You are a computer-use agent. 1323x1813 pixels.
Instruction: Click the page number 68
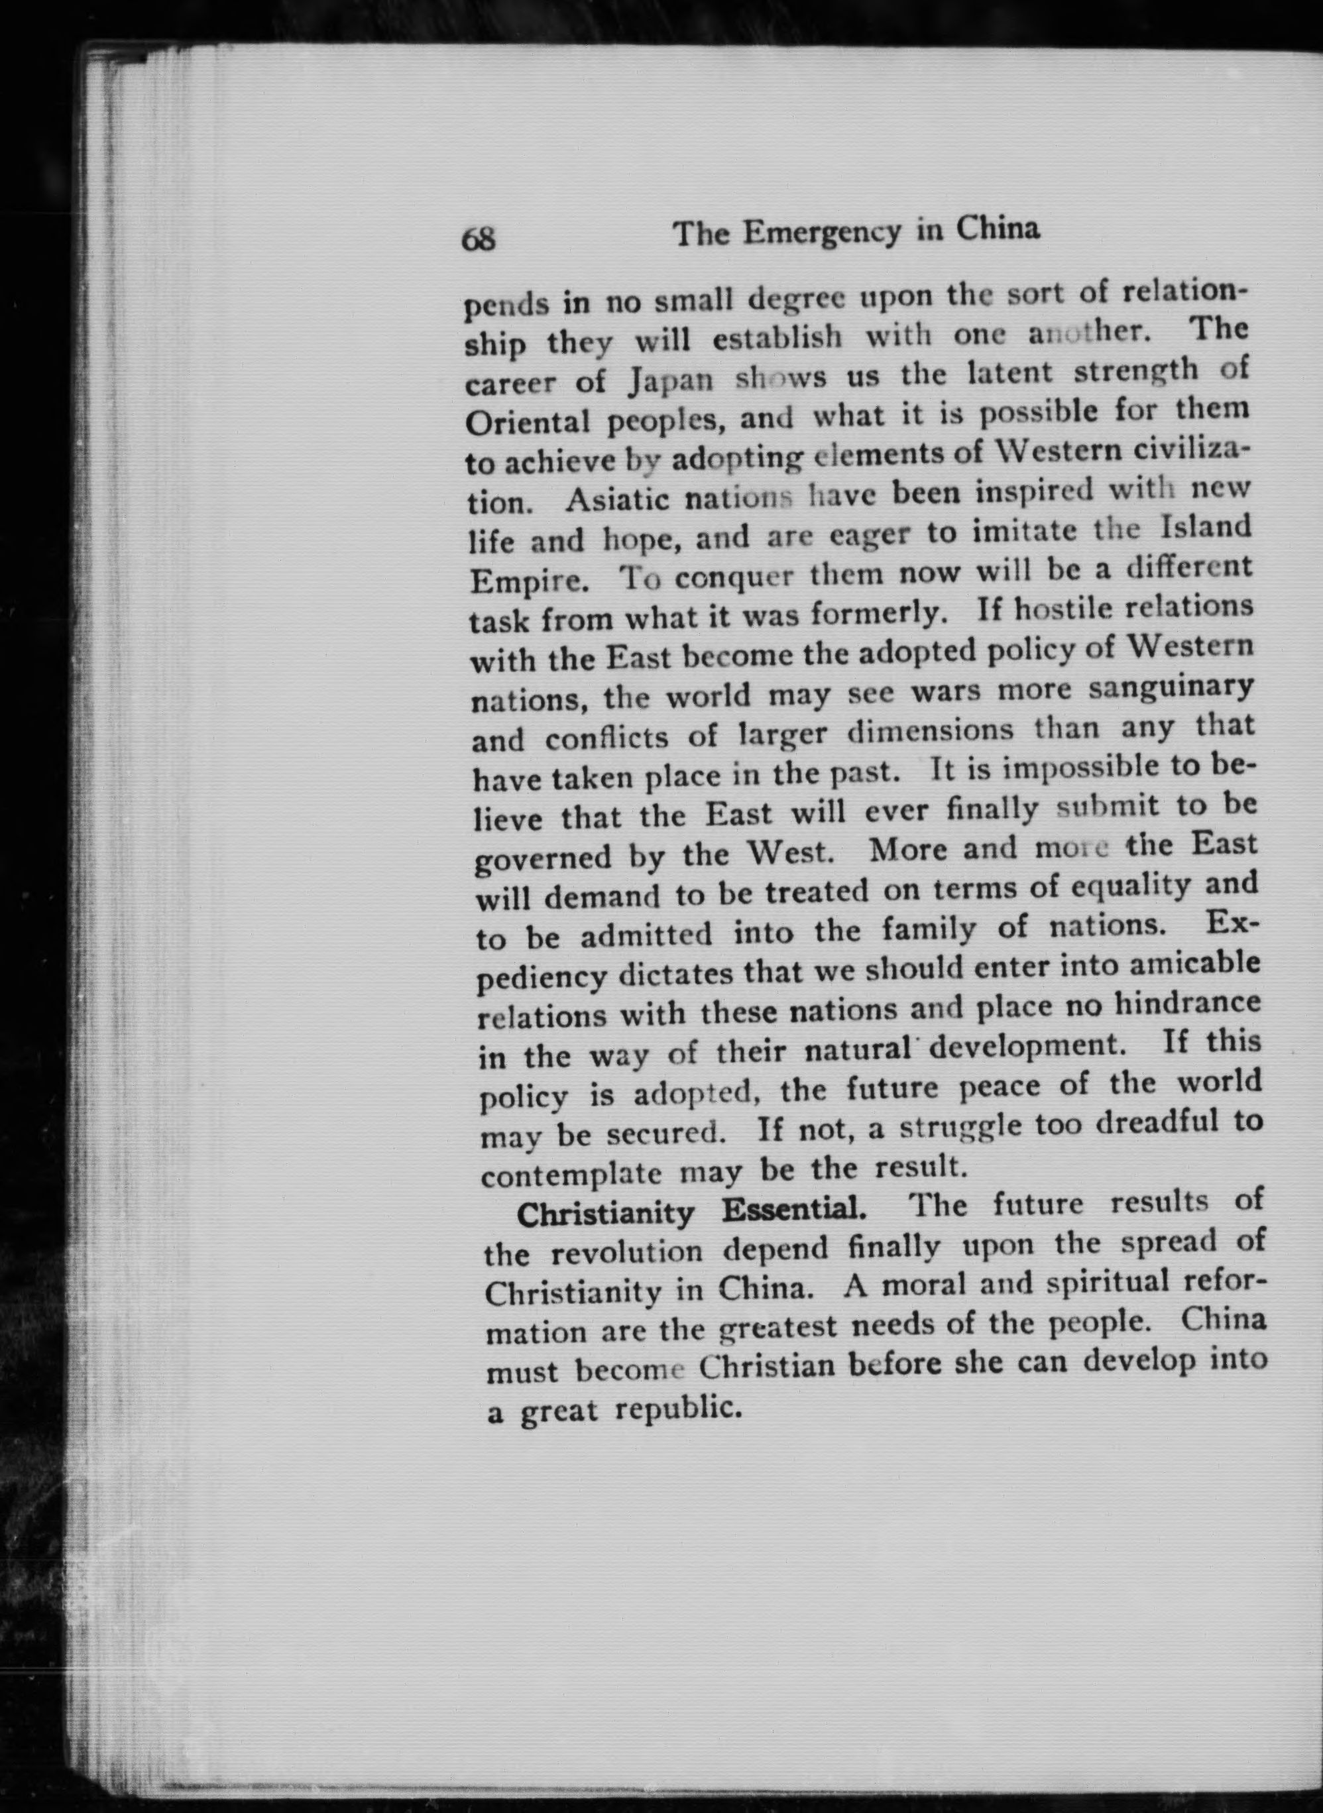[479, 239]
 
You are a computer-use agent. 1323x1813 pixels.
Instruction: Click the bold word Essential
[793, 1210]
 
